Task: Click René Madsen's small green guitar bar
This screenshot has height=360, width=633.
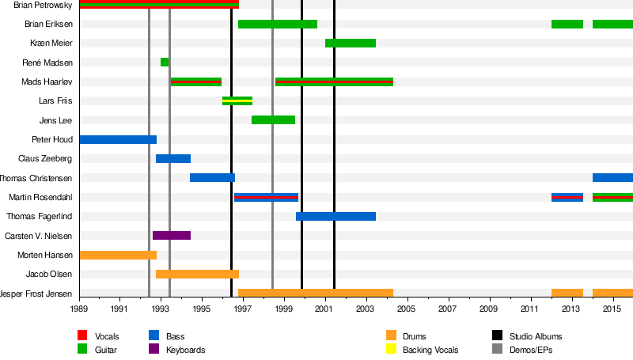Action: tap(165, 62)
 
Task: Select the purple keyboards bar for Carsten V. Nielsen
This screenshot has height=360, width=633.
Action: tap(172, 235)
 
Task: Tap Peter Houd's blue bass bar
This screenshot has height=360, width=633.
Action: tap(118, 139)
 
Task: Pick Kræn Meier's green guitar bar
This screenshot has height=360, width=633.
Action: tap(351, 43)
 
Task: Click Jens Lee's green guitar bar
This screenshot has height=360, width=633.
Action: tap(273, 119)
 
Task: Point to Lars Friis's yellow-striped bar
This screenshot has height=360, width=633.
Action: tap(237, 100)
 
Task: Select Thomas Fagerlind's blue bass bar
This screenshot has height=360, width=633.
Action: tap(335, 216)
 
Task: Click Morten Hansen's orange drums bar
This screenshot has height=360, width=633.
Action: tap(118, 255)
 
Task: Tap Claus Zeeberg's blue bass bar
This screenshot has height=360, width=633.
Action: tap(173, 158)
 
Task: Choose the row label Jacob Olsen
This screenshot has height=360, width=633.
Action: tap(49, 275)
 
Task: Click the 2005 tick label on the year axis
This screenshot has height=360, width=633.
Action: tap(407, 308)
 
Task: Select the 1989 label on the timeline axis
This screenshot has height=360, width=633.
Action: tap(79, 308)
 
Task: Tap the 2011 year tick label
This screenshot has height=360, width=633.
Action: tap(529, 308)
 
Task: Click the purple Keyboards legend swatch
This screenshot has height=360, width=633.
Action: tap(153, 350)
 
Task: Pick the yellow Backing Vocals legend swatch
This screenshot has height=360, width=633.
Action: tap(391, 350)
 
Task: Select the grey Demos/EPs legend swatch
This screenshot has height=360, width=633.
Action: tap(497, 350)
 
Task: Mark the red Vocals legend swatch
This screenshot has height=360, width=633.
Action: tap(82, 336)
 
